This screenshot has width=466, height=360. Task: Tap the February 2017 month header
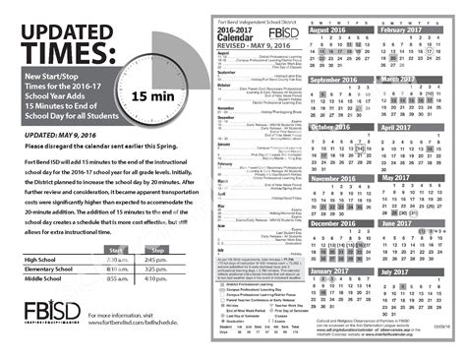[x=408, y=30]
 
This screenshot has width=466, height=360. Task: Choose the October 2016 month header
[x=337, y=127]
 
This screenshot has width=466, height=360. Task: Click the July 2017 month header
[x=400, y=270]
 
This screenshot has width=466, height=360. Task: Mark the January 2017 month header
[x=336, y=270]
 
